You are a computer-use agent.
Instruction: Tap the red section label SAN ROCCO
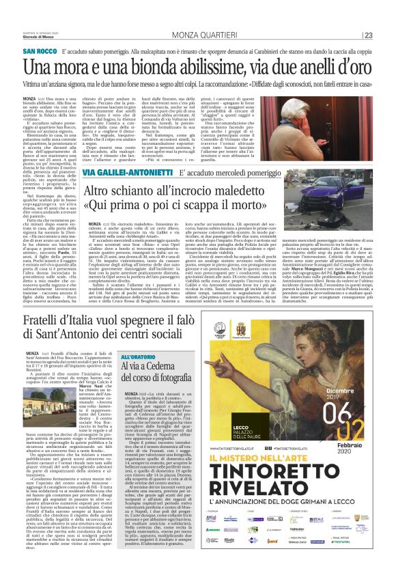coord(40,52)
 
